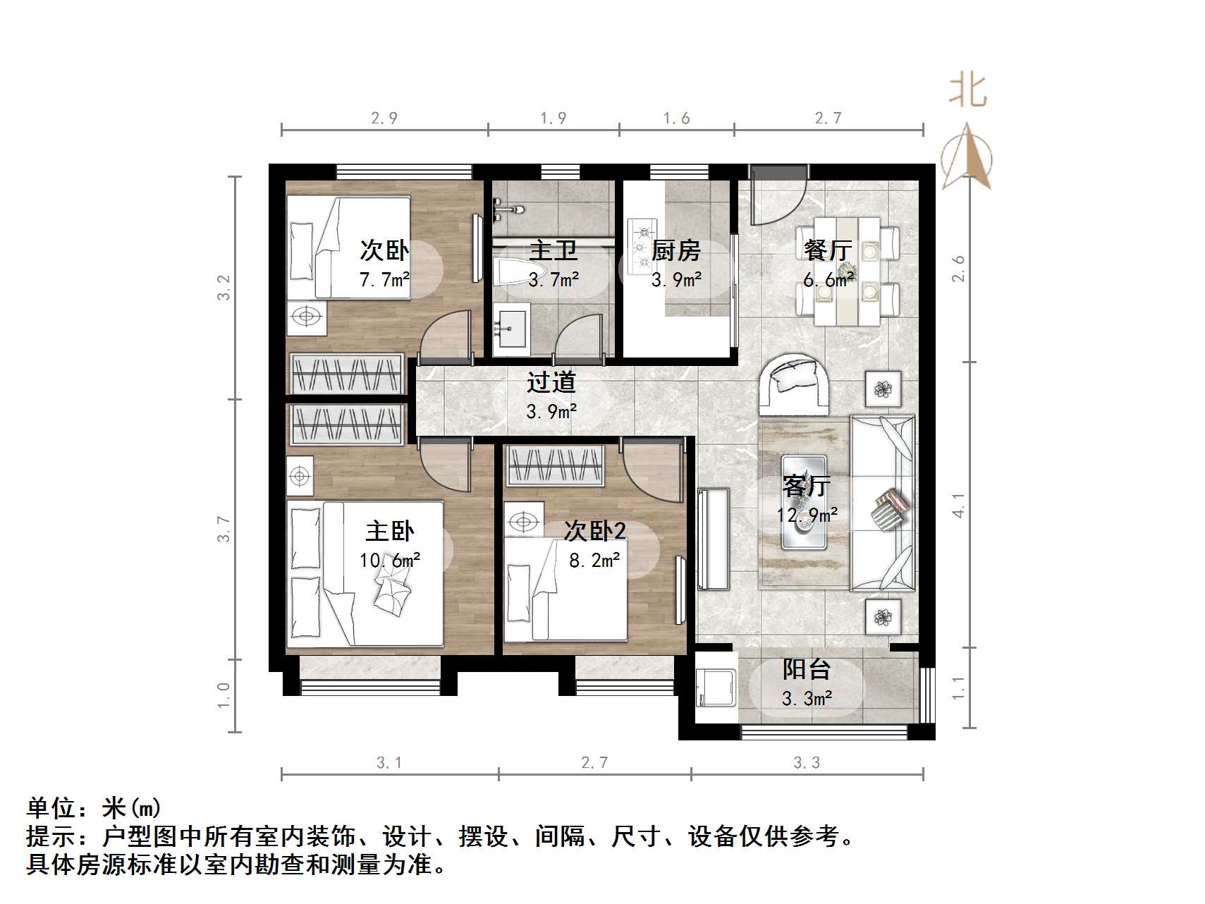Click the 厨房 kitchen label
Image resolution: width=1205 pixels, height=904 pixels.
[675, 250]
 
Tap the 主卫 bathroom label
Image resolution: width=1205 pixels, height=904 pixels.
[553, 250]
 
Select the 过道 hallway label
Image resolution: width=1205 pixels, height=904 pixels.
[551, 382]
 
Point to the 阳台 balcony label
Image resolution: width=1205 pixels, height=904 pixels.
[807, 669]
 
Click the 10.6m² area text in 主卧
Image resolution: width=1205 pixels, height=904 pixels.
[390, 561]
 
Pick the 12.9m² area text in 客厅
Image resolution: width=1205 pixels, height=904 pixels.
[807, 515]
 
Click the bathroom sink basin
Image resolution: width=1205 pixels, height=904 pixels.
[511, 329]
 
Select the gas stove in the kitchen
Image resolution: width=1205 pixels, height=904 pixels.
[642, 247]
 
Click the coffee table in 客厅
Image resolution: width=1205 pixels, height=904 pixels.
[804, 502]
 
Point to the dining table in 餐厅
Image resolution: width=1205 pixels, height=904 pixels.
[847, 271]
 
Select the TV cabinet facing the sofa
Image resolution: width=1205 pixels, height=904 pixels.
[713, 539]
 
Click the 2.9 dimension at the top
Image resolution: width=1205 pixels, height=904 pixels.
[384, 118]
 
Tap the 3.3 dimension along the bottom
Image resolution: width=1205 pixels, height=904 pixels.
[807, 763]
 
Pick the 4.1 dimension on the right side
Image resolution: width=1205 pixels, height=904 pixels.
[958, 504]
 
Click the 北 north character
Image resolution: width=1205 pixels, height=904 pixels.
[967, 92]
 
